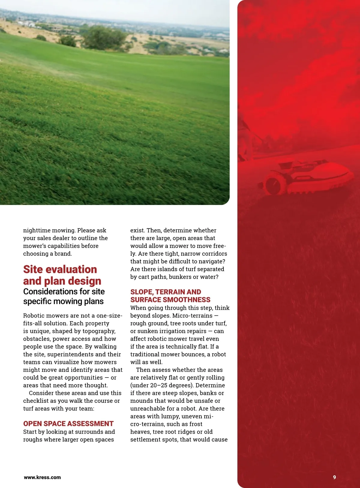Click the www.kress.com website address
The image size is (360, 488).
(x=42, y=477)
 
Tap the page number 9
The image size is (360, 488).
(x=334, y=477)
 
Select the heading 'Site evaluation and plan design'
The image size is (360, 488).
(x=62, y=275)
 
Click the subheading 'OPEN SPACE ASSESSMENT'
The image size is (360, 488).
(x=68, y=423)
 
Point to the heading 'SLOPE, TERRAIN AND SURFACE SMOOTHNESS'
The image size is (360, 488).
(x=170, y=296)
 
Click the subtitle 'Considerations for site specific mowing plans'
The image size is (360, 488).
(x=64, y=296)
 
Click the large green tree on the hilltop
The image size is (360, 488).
(x=103, y=38)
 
